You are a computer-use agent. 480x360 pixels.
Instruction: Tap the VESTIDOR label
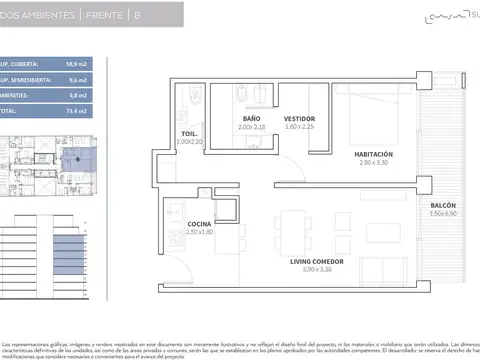point(299,118)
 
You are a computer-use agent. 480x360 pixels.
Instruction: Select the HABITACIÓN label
point(374,153)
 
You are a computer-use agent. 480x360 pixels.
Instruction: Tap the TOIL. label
point(189,133)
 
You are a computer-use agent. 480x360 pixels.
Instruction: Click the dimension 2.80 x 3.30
point(374,162)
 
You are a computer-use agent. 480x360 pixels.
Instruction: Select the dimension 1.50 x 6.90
point(443,213)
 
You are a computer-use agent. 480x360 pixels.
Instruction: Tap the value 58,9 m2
point(63,63)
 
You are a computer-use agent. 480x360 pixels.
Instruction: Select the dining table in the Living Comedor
point(297,226)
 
